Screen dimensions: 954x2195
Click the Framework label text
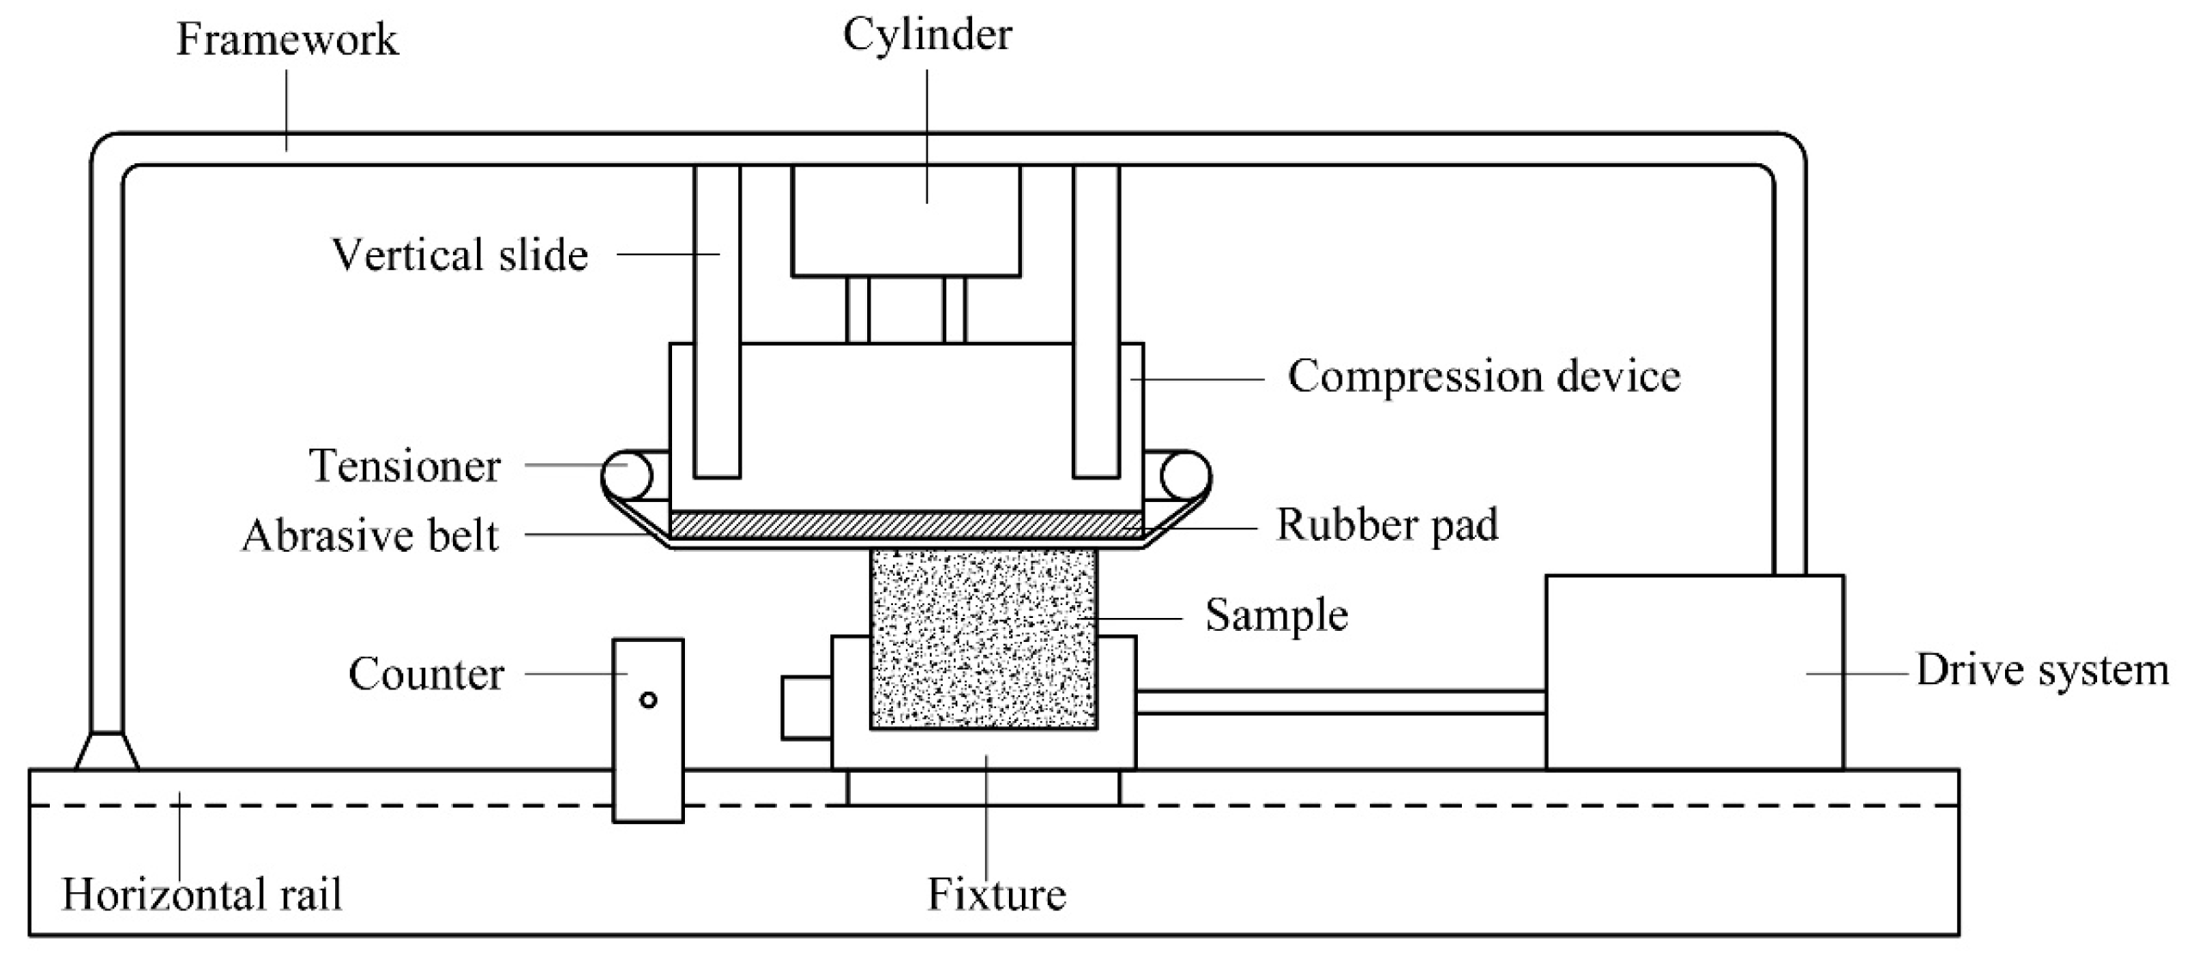pyautogui.click(x=287, y=40)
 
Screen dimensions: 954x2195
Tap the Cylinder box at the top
pyautogui.click(x=906, y=221)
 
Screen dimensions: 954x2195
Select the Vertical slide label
pyautogui.click(x=460, y=255)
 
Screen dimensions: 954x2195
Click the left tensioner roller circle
pyautogui.click(x=626, y=474)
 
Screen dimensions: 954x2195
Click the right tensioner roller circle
pyautogui.click(x=1186, y=474)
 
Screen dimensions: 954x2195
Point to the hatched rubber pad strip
pyautogui.click(x=906, y=525)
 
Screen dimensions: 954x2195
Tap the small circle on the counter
pyautogui.click(x=649, y=700)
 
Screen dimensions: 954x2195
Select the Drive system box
pyautogui.click(x=1694, y=672)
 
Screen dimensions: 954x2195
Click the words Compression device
pyautogui.click(x=1483, y=376)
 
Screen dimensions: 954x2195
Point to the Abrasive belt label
pyautogui.click(x=370, y=535)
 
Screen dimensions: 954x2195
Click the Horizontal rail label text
pyautogui.click(x=202, y=894)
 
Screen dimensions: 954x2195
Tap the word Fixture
pyautogui.click(x=996, y=894)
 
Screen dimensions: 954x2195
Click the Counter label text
pyautogui.click(x=425, y=673)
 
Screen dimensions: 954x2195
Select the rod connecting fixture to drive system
pyautogui.click(x=1340, y=702)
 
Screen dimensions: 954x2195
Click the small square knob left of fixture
pyautogui.click(x=806, y=708)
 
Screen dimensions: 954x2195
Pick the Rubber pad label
pyautogui.click(x=1386, y=524)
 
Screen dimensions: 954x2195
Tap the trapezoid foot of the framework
pyautogui.click(x=107, y=751)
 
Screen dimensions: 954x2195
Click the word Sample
pyautogui.click(x=1275, y=615)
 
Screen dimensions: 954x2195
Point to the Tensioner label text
pyautogui.click(x=404, y=466)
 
